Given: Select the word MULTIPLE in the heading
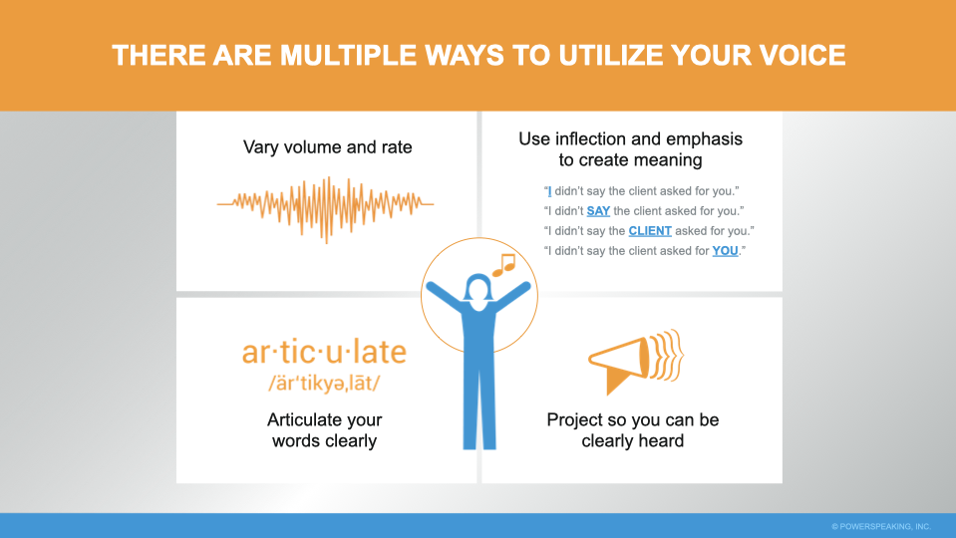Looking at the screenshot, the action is pos(348,56).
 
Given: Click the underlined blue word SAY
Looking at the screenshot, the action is pos(598,211).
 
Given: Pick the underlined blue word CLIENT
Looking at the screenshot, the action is pos(650,231).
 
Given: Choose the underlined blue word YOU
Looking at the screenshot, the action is pos(725,251).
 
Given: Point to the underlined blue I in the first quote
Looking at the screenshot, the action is pos(550,191).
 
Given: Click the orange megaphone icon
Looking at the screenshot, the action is pos(636,362).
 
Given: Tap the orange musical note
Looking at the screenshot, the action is pos(503,265).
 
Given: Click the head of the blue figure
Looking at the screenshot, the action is pos(478,288).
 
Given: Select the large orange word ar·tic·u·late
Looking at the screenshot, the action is pos(324,352).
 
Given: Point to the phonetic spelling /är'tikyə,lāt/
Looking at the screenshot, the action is pos(324,384).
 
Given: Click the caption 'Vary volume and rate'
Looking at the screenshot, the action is pos(327,147).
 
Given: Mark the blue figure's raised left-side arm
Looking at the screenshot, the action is pos(445,296).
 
